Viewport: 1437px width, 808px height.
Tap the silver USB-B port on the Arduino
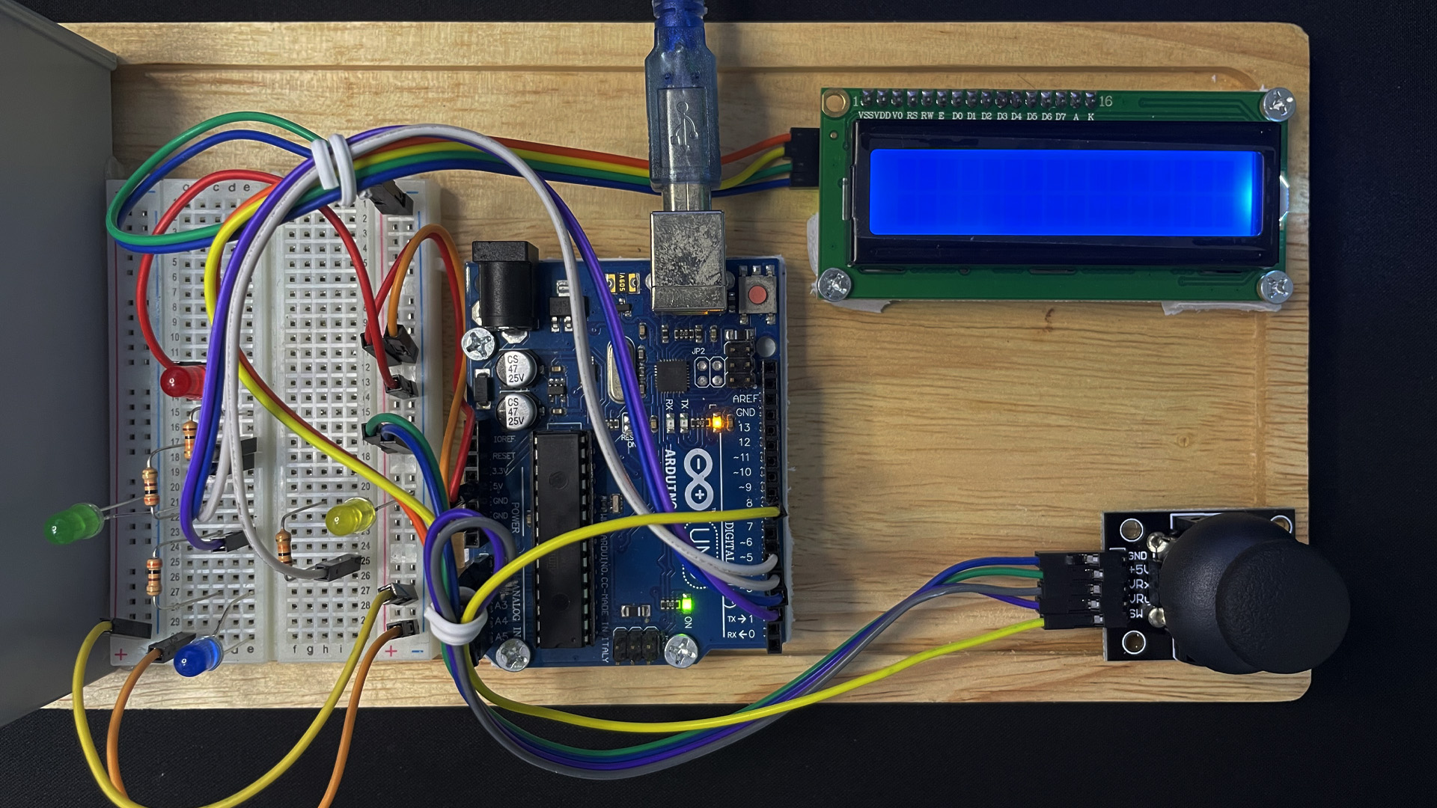point(688,260)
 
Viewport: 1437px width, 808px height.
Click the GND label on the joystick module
point(1137,556)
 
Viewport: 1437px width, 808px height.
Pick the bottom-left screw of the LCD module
point(834,284)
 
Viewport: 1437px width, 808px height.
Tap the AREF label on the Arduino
point(745,399)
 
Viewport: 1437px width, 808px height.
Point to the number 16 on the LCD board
point(1105,101)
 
